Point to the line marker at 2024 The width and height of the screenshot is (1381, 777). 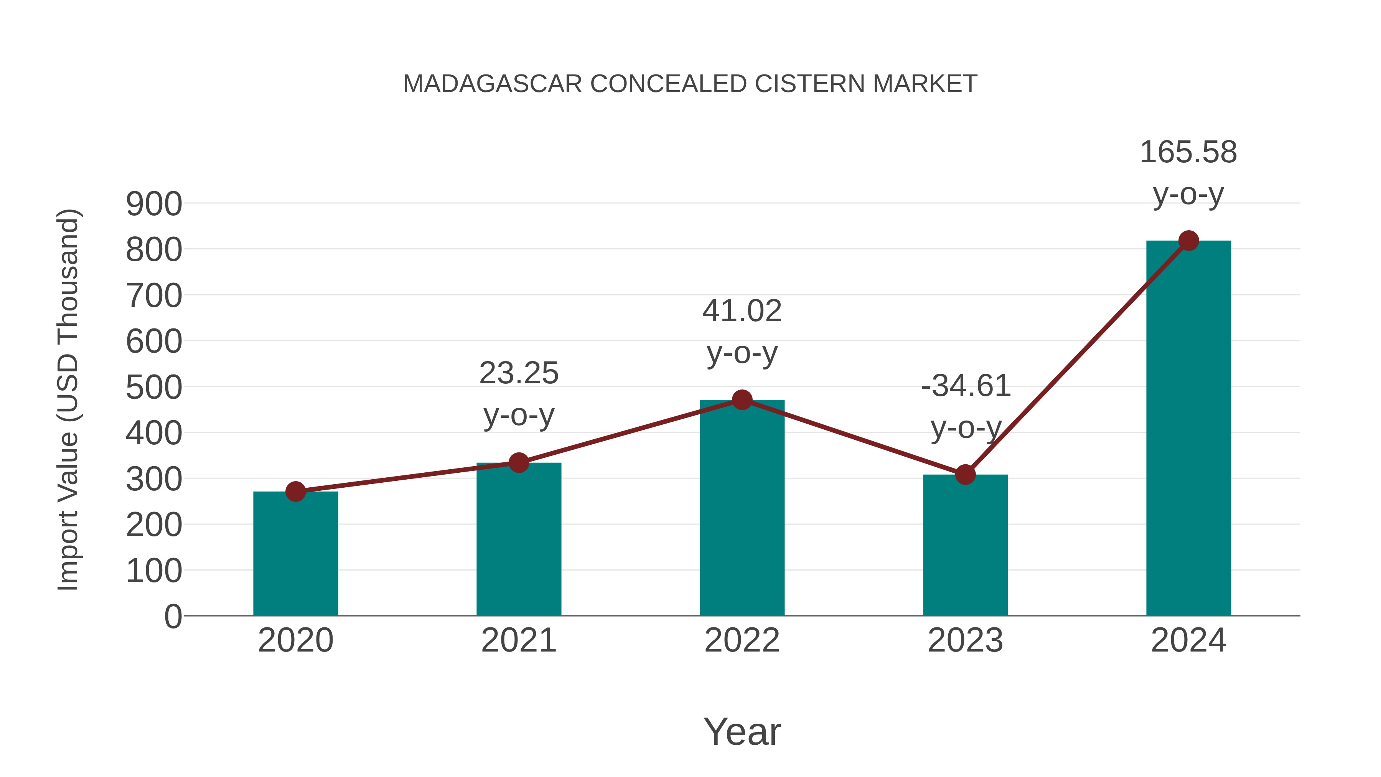[x=1188, y=241]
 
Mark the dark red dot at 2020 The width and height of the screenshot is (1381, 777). [x=295, y=491]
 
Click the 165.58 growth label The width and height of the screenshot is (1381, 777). [x=1188, y=152]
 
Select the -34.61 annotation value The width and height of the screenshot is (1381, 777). [x=966, y=386]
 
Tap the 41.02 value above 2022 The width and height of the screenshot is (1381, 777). [x=742, y=311]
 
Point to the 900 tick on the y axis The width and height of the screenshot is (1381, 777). [x=154, y=204]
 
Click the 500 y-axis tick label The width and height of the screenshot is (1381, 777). [x=154, y=388]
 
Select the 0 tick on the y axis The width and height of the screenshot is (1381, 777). [x=173, y=617]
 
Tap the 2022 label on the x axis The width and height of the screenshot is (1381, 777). [x=742, y=640]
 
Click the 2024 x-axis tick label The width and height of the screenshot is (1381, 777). [x=1188, y=640]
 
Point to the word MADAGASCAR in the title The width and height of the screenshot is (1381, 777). [x=492, y=84]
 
